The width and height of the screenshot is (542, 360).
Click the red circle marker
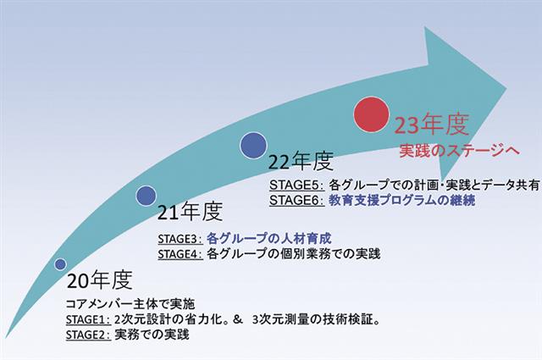[371, 114]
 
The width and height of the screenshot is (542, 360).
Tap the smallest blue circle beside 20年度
[60, 264]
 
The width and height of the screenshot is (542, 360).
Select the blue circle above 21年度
[146, 196]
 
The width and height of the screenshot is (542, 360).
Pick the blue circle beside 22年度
[253, 146]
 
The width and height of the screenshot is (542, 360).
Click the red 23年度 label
[431, 125]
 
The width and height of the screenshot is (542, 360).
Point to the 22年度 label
[301, 162]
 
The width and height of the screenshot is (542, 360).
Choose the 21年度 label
[190, 212]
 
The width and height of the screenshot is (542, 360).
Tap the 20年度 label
[100, 280]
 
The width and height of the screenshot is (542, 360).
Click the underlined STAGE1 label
[88, 319]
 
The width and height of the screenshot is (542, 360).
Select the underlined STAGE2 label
[88, 335]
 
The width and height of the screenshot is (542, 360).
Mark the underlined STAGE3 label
[180, 239]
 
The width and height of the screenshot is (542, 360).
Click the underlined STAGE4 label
[180, 254]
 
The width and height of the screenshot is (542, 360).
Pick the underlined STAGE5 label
[297, 185]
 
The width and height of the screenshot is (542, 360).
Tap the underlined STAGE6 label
[297, 200]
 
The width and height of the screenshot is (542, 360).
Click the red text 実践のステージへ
[459, 151]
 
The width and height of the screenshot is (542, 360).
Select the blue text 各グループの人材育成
[269, 238]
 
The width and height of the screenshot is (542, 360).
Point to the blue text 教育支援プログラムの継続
[401, 200]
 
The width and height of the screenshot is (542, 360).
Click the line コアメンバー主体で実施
[130, 304]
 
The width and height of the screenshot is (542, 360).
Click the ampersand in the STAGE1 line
[237, 319]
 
